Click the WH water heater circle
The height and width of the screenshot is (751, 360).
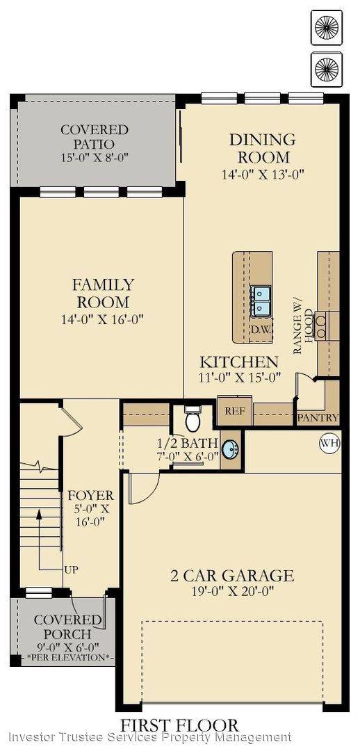[x=328, y=442]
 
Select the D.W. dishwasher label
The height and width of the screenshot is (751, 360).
[x=261, y=328]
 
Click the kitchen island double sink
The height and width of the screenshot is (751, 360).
[x=261, y=300]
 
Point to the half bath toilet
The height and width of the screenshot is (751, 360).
[x=193, y=420]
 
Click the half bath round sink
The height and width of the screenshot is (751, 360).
[x=231, y=449]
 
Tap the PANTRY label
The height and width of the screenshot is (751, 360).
[x=318, y=418]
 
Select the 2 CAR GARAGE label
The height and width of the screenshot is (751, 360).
[x=232, y=575]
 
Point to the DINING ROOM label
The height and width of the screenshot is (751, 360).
[x=263, y=148]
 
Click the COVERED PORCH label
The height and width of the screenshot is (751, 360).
[x=63, y=627]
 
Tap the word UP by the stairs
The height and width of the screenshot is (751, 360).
[x=71, y=570]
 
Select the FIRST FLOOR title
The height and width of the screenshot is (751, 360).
[x=180, y=725]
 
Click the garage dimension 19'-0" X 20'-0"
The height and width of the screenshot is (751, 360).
[x=232, y=592]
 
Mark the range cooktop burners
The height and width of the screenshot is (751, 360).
[x=321, y=326]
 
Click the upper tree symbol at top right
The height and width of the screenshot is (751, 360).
[x=327, y=26]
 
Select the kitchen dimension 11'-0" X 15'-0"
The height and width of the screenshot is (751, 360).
[x=240, y=378]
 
